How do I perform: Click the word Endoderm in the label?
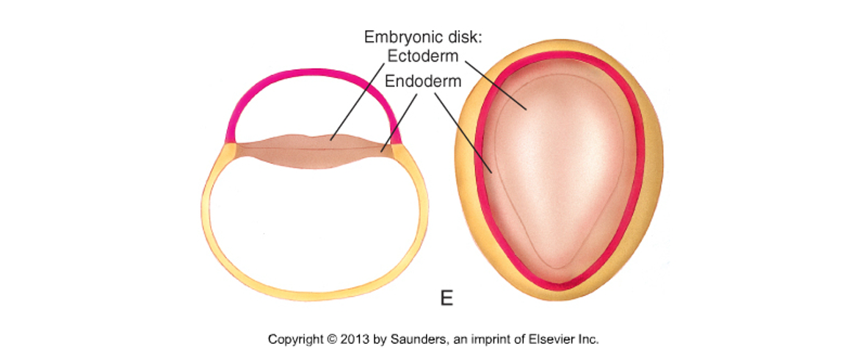423,82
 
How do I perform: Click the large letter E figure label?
446,299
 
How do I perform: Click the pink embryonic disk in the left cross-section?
314,150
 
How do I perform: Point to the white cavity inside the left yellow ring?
314,227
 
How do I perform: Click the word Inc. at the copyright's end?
588,339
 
